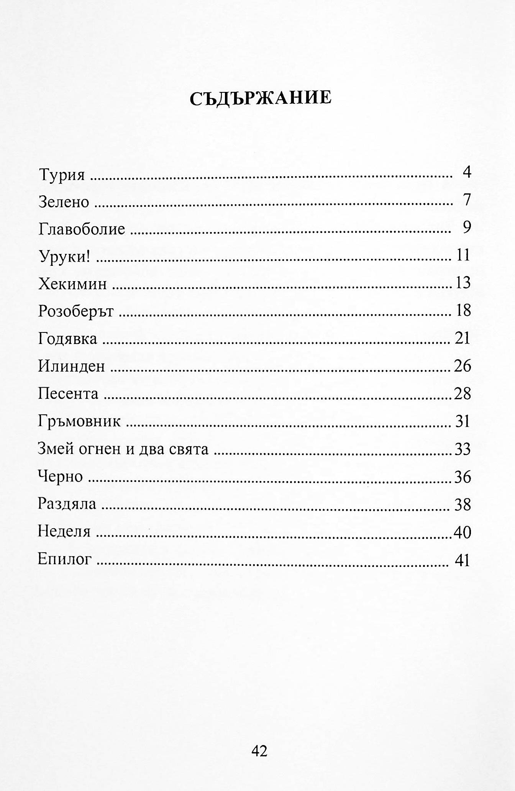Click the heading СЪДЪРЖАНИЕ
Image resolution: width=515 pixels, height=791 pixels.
click(x=261, y=98)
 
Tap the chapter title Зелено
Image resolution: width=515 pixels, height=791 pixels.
click(x=64, y=202)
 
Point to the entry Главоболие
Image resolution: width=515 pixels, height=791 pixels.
click(x=82, y=229)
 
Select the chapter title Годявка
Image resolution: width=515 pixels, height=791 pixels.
click(x=67, y=339)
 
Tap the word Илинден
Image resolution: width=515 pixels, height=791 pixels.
click(x=71, y=367)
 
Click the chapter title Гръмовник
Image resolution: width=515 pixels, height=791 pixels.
click(x=79, y=422)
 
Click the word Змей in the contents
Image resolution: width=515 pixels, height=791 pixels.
click(x=54, y=449)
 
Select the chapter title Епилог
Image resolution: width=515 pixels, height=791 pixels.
click(x=65, y=560)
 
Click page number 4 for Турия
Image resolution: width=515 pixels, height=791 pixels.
click(x=466, y=173)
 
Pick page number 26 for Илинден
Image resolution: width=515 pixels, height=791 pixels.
click(x=462, y=366)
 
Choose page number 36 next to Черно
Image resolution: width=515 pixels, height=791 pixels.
click(x=462, y=477)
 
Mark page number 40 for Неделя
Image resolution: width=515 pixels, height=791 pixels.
click(x=462, y=532)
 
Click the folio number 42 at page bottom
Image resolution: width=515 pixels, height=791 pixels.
click(x=259, y=751)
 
